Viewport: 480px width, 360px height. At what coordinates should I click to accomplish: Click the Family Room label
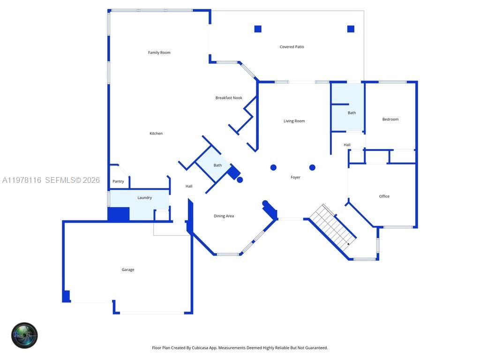[x=159, y=52]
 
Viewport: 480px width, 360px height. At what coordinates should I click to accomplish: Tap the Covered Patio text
[x=292, y=47]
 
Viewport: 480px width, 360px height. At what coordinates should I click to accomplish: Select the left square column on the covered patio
[x=258, y=29]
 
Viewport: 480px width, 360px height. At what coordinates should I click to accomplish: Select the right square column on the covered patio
[x=351, y=29]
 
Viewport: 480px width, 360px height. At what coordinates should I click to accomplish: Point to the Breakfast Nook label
[x=229, y=98]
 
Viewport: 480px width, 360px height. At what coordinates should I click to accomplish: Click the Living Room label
[x=294, y=121]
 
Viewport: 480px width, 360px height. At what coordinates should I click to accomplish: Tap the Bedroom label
[x=390, y=120]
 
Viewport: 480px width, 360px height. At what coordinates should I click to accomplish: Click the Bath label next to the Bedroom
[x=352, y=113]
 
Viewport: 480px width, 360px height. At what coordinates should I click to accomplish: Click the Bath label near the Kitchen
[x=217, y=165]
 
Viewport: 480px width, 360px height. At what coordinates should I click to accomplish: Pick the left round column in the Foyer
[x=273, y=167]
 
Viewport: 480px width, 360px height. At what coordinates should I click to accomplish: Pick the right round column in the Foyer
[x=312, y=167]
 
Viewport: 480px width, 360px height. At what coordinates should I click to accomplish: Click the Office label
[x=384, y=196]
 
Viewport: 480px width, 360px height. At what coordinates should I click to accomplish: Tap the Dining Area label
[x=224, y=216]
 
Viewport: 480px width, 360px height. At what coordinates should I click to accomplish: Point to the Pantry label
[x=118, y=181]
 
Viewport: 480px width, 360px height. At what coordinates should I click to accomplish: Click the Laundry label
[x=144, y=198]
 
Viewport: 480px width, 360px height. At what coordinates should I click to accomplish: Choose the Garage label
[x=128, y=270]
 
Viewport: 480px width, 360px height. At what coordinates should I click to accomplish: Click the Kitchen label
[x=156, y=134]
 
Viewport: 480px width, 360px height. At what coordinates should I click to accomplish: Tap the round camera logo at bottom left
[x=24, y=335]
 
